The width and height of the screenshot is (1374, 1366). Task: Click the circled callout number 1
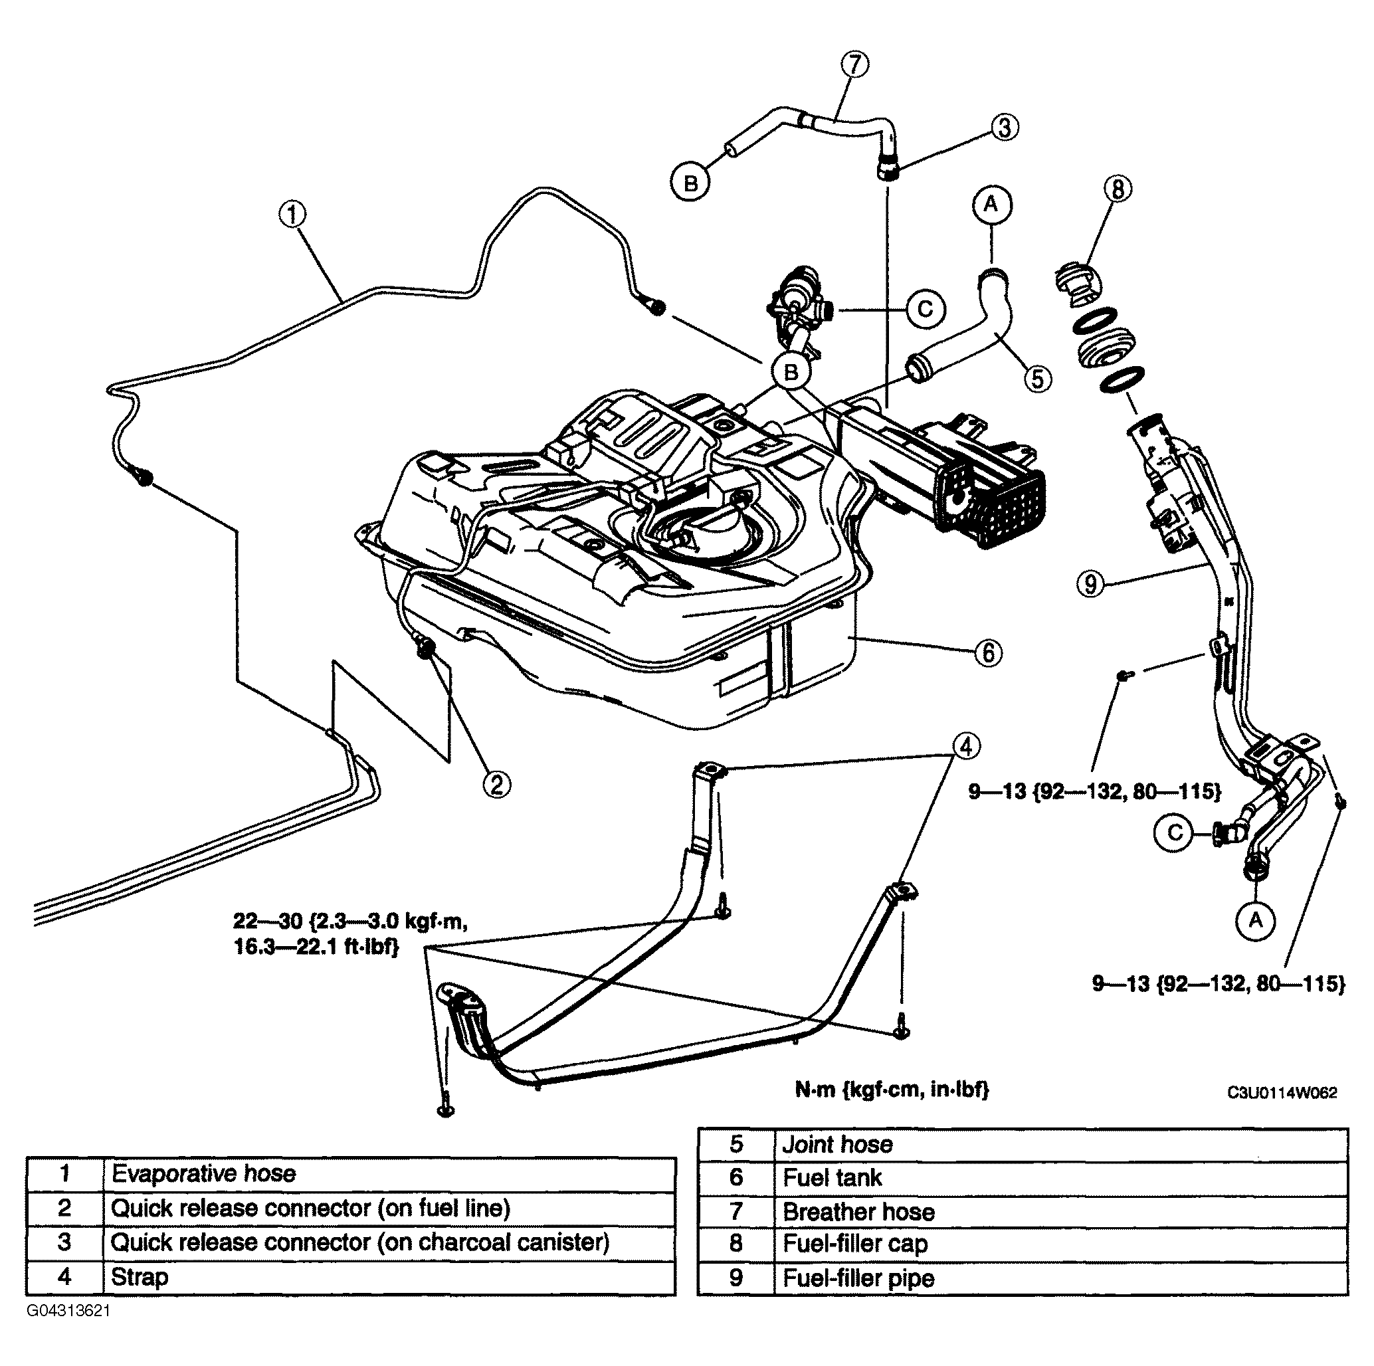pos(292,214)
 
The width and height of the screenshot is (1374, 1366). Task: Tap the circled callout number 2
pos(496,785)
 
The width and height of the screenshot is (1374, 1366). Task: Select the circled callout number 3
pos(1004,128)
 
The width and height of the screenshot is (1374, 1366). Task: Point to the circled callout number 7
pos(855,64)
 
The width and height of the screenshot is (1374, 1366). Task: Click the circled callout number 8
pos(1118,189)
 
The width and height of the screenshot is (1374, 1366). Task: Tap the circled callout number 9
pos(1091,585)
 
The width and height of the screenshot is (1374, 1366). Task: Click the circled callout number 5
pos(1038,378)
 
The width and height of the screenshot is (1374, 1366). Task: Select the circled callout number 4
pos(965,747)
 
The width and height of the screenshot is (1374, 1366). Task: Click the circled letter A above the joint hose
pos(991,205)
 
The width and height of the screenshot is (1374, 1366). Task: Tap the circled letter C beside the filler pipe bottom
pos(1175,832)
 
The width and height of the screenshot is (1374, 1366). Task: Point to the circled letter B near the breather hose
pos(690,183)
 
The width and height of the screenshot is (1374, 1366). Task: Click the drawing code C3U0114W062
pos(1282,1092)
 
